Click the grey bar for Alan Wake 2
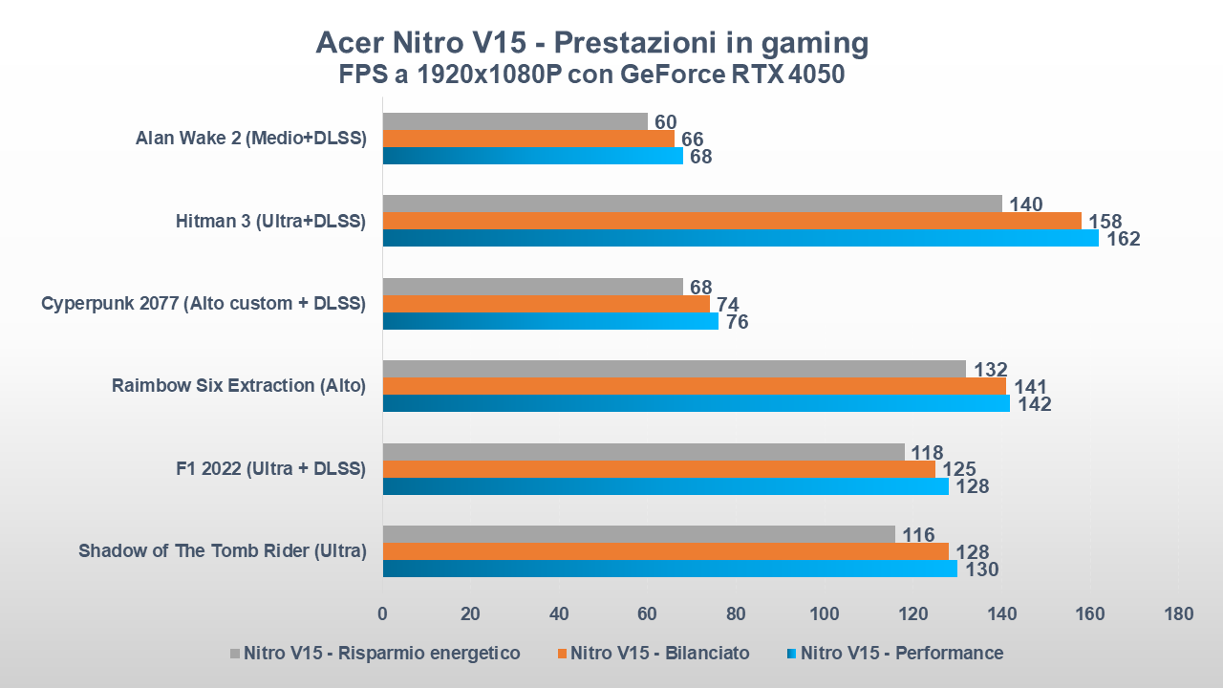[x=515, y=121]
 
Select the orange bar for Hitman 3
[x=732, y=221]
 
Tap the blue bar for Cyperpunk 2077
[x=550, y=321]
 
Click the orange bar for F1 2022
[x=659, y=469]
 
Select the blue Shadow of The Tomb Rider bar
[x=670, y=569]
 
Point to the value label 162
[x=1123, y=239]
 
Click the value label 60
[x=666, y=121]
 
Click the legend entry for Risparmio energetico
[x=375, y=654]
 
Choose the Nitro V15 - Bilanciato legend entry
[x=652, y=654]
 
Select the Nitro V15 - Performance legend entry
[x=894, y=654]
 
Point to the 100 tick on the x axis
[x=825, y=613]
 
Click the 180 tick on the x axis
[x=1178, y=613]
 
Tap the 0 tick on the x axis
[x=382, y=613]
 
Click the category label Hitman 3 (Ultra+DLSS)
[x=270, y=222]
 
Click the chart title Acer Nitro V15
[x=592, y=43]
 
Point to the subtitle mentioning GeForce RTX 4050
[x=592, y=75]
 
